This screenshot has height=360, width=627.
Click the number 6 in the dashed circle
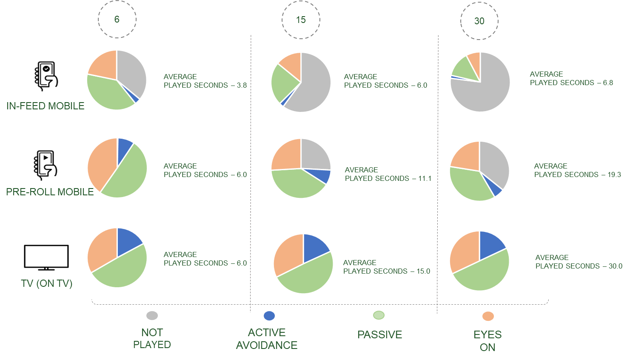click(x=117, y=19)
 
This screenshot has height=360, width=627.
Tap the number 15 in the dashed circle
click(x=301, y=20)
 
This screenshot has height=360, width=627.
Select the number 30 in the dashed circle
click(x=479, y=21)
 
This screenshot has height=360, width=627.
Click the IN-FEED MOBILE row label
click(x=45, y=106)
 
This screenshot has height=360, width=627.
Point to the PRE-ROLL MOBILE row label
click(x=50, y=192)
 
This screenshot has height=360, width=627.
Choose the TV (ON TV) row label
click(x=47, y=283)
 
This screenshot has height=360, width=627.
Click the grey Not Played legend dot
click(x=152, y=315)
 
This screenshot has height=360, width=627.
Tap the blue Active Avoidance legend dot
click(x=269, y=316)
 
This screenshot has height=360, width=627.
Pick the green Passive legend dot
click(x=379, y=315)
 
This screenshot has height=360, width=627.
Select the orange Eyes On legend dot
click(x=488, y=316)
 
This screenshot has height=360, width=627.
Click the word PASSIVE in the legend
click(x=379, y=335)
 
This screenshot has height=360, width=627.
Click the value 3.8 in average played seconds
click(x=242, y=85)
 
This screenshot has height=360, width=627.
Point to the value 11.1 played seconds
click(x=425, y=178)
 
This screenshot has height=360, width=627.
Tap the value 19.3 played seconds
click(x=614, y=174)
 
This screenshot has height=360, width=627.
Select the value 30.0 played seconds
click(x=615, y=266)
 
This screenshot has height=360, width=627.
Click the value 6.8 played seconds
click(x=608, y=83)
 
